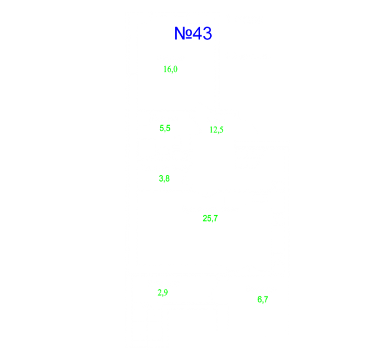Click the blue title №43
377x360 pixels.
click(x=193, y=33)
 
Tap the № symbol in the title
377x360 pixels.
click(x=183, y=33)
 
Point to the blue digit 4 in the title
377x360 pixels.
click(x=197, y=33)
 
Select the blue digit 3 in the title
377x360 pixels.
click(x=207, y=33)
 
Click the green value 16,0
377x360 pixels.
click(x=170, y=70)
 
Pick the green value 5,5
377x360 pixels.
click(x=165, y=128)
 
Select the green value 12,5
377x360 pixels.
click(x=216, y=130)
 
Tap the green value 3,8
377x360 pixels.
click(x=164, y=178)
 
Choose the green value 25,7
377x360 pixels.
click(x=210, y=218)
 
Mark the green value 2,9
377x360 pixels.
click(x=163, y=292)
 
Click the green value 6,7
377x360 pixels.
click(x=263, y=300)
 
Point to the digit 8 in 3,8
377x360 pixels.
click(x=167, y=178)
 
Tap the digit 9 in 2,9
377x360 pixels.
click(x=166, y=292)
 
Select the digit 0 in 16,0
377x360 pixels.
click(x=175, y=69)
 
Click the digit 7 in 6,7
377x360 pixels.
click(x=266, y=299)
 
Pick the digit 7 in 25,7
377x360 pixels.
click(x=216, y=218)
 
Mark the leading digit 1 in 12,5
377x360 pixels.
click(x=211, y=130)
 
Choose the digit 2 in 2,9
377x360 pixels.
click(x=159, y=292)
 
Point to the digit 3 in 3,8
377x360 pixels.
click(x=161, y=178)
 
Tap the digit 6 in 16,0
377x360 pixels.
click(x=169, y=69)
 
